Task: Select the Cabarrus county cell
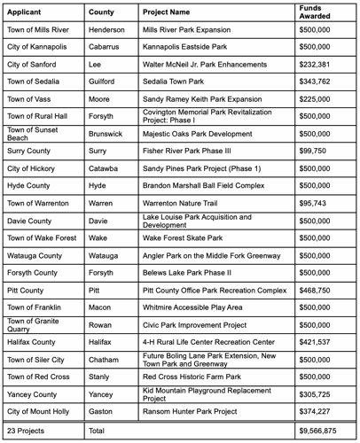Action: pyautogui.click(x=105, y=48)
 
